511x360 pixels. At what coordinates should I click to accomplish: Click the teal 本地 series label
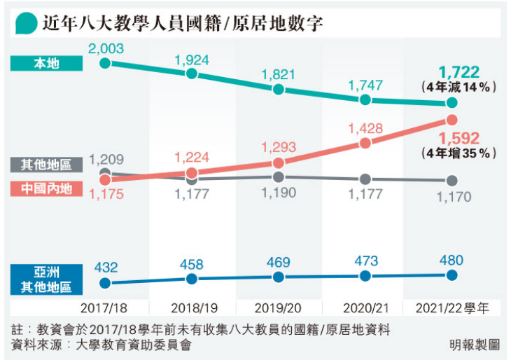coord(47,63)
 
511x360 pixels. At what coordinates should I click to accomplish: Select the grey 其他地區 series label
coord(47,165)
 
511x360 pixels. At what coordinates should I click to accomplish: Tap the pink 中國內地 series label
coord(47,188)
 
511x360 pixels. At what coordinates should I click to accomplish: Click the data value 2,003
coord(105,48)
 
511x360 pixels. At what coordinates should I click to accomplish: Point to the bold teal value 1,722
coord(459,72)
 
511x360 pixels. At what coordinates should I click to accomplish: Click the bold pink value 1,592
coord(459,137)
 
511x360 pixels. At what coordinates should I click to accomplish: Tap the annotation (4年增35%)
coord(459,153)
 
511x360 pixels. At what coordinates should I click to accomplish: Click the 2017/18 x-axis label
coord(105,307)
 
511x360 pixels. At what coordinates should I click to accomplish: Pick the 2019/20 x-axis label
coord(279,307)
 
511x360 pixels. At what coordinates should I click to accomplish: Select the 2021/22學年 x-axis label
coord(452,307)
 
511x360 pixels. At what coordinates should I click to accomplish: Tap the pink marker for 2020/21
coord(365,144)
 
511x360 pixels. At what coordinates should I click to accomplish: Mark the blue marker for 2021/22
coord(451,275)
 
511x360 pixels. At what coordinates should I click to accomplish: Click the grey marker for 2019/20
coord(279,177)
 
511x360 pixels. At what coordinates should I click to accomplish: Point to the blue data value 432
coord(106,267)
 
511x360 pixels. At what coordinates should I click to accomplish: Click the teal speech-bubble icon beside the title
coord(26,23)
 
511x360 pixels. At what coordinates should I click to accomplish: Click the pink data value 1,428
coord(365,127)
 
